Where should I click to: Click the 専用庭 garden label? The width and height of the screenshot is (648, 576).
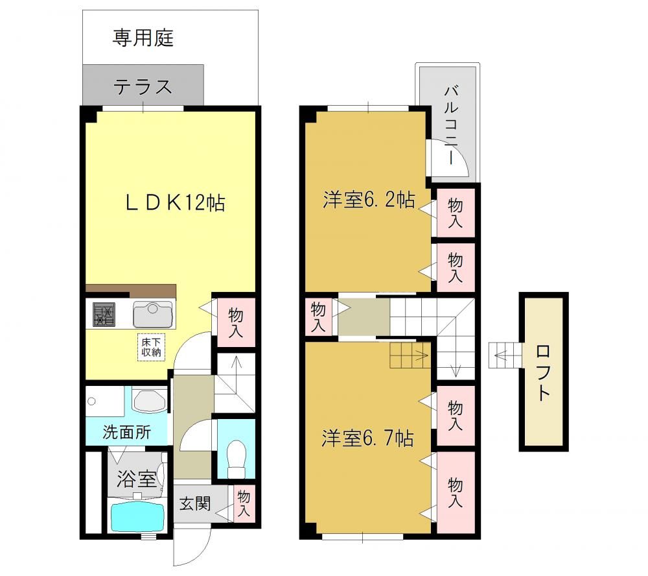[143, 38]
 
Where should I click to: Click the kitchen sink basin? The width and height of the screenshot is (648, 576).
[152, 315]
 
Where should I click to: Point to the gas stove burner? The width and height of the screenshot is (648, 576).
[104, 315]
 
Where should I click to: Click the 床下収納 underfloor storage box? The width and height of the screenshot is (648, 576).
[151, 347]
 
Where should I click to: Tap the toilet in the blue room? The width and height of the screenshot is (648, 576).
[237, 459]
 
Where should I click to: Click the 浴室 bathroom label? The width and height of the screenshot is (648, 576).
[136, 479]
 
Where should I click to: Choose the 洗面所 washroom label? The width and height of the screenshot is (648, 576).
[126, 432]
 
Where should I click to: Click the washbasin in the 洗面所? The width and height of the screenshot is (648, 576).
[150, 400]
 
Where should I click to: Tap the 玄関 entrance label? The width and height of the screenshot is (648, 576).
[194, 503]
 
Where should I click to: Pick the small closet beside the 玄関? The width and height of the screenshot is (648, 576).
[244, 503]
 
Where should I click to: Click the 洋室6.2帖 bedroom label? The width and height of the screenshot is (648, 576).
[369, 200]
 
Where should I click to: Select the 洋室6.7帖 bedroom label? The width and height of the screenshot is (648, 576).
[367, 438]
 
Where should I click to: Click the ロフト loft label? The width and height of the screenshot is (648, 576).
[542, 372]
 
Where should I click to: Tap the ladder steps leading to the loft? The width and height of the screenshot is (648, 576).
[505, 355]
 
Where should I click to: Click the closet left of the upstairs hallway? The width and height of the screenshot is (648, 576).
[319, 317]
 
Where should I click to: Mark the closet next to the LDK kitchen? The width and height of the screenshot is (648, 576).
[236, 322]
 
